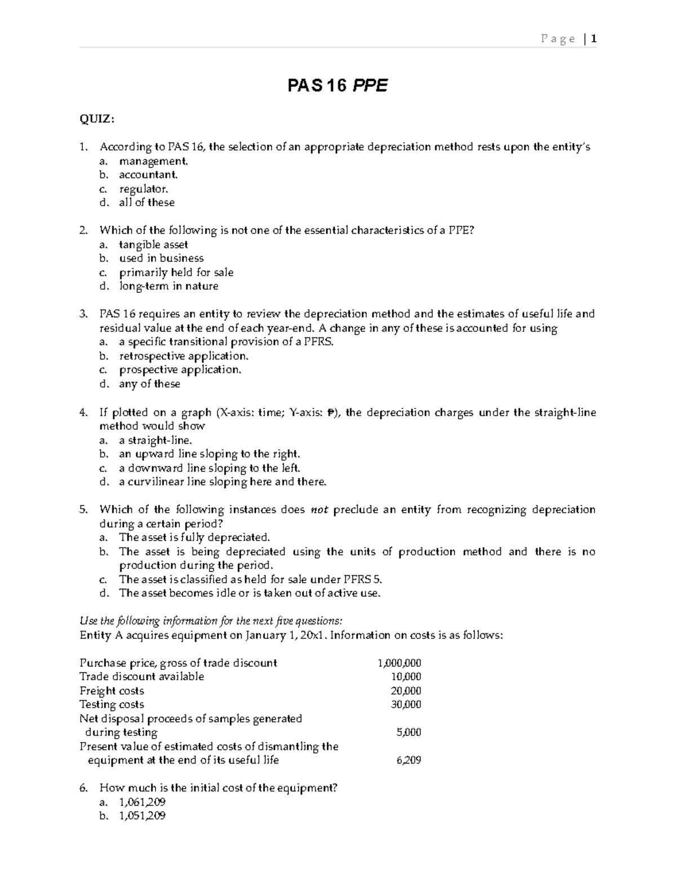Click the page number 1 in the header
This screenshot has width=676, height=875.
594,39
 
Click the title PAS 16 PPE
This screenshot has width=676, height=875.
337,86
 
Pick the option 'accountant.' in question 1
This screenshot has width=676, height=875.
148,175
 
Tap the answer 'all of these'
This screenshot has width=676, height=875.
146,202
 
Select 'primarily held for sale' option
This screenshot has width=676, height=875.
176,272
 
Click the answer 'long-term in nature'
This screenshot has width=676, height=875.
168,286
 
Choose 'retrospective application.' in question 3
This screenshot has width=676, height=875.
184,356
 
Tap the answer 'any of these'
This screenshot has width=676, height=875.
149,384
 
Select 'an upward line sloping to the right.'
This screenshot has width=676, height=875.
210,454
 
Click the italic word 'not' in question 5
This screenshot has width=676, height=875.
319,510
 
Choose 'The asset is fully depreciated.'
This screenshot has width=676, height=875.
195,538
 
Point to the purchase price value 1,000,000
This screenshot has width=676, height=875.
399,663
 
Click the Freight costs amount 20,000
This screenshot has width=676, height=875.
406,691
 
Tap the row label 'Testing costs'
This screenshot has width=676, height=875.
112,704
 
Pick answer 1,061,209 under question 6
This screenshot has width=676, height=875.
142,802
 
